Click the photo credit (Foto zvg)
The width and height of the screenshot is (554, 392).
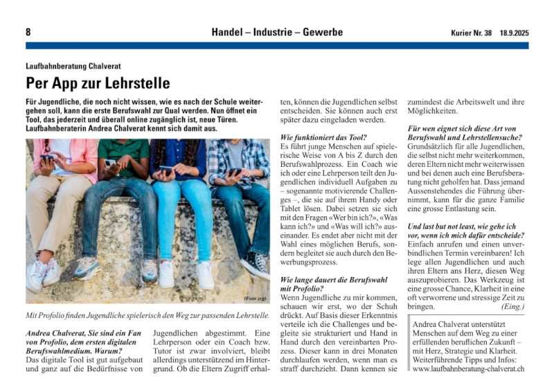point(255,299)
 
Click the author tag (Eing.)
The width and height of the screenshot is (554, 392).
point(512,305)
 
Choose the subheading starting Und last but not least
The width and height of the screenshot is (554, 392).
point(462,226)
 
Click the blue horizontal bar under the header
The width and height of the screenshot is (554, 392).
point(277,46)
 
